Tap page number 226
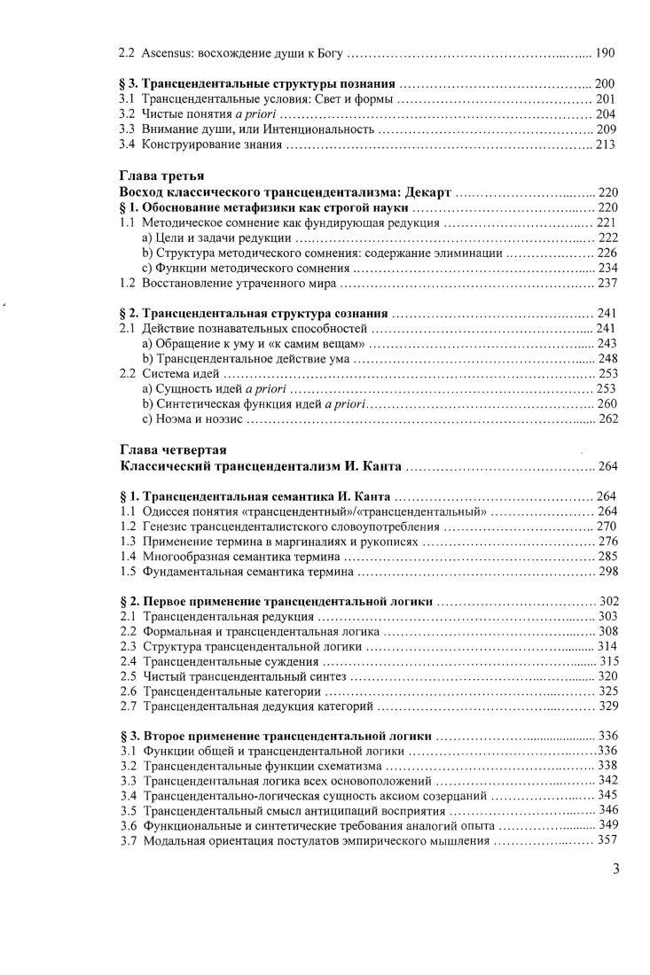click(x=607, y=253)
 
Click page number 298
click(x=607, y=572)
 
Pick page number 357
click(x=607, y=840)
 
